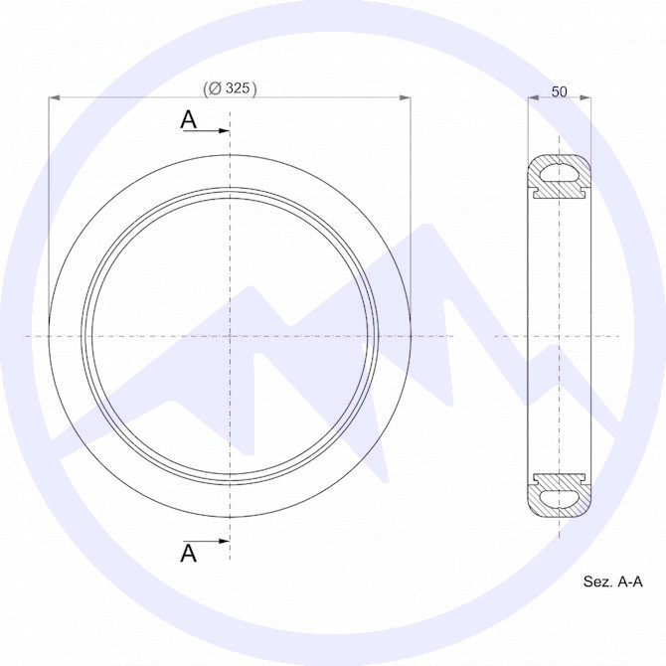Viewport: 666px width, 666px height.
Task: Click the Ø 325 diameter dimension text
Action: pos(230,88)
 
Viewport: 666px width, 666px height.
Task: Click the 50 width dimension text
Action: pos(559,91)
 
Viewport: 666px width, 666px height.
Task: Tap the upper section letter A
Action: pos(189,119)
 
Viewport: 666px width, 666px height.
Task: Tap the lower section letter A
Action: pos(189,553)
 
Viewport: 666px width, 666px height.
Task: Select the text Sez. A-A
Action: pos(613,582)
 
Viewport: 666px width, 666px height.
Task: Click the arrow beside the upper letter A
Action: pos(206,131)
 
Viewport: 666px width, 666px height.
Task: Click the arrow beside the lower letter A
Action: pos(206,541)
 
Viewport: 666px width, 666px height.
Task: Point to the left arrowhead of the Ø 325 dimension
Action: pos(54,98)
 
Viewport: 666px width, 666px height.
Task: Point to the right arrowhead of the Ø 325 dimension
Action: pos(406,98)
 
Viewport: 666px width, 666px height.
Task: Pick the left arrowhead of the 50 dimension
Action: pos(533,98)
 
